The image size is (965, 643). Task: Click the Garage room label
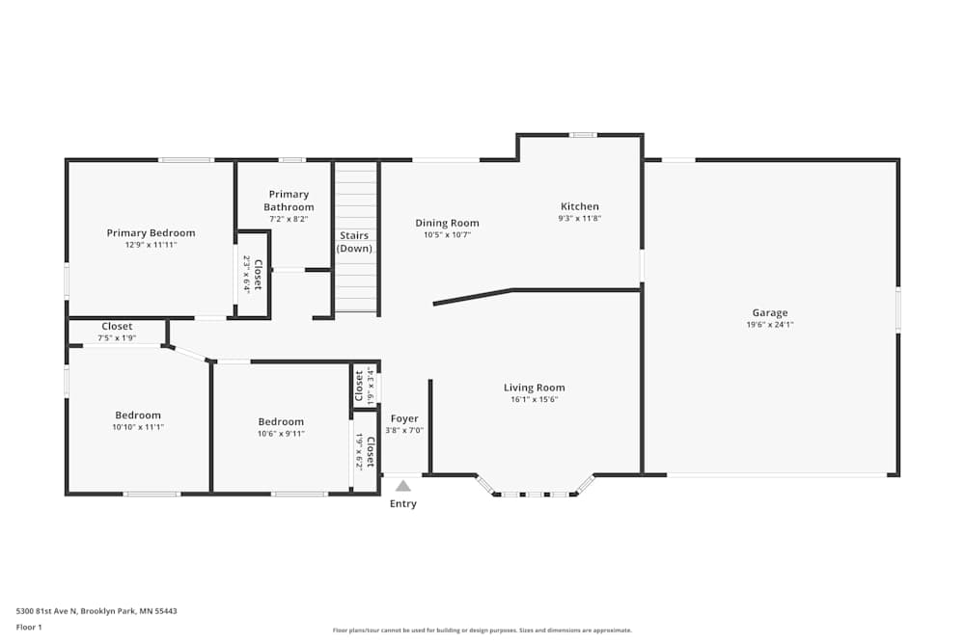point(769,312)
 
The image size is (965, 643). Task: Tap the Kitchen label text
point(580,206)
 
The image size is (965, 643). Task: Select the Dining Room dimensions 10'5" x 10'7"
point(447,235)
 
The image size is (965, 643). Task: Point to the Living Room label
point(534,388)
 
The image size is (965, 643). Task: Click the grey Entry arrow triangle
point(403,486)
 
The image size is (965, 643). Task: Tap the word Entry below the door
point(403,504)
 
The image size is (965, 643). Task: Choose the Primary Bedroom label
point(151,232)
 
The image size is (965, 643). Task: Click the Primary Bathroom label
point(289,201)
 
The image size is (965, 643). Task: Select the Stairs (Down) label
point(354,242)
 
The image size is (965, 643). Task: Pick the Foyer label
point(404,418)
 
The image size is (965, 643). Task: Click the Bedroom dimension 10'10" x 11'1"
point(138,427)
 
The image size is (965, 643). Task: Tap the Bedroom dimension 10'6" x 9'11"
point(281,434)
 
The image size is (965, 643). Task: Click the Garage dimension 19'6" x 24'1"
point(769,325)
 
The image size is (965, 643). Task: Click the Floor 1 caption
point(30,628)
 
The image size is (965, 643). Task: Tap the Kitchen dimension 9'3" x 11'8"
point(579,219)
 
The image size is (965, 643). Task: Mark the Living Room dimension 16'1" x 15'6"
point(534,400)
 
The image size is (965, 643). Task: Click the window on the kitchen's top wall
point(582,135)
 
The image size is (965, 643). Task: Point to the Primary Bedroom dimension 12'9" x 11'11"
point(151,245)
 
